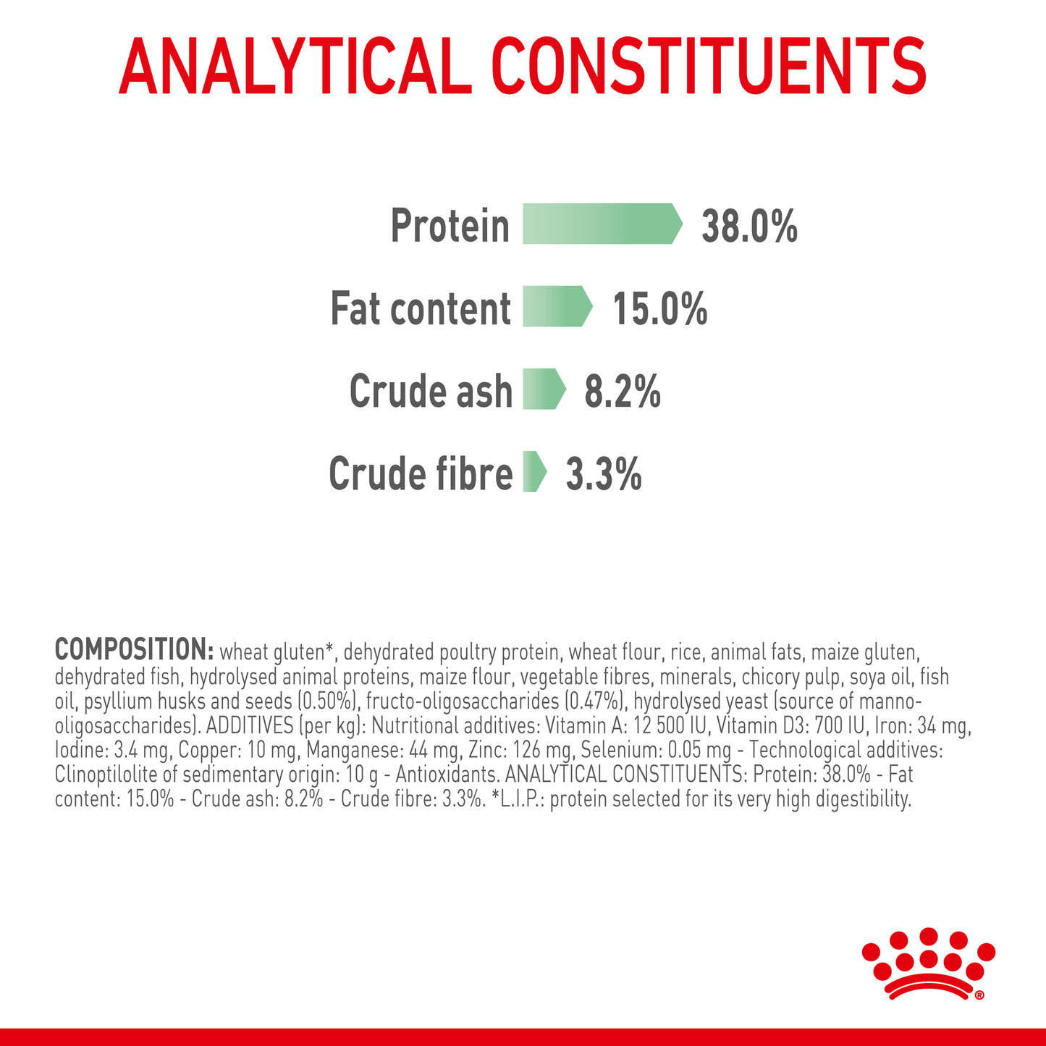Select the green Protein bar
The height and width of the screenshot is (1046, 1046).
coord(601,224)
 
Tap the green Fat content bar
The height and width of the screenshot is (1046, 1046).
coord(556,306)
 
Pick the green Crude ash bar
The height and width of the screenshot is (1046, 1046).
coord(543,389)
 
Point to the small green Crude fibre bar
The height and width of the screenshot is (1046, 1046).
coord(533,472)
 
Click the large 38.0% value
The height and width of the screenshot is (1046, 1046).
coord(749,226)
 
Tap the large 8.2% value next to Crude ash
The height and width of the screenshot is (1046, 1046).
coord(622,392)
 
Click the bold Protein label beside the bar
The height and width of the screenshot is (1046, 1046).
coord(450,226)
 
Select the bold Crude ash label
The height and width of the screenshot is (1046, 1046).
coord(431,392)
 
